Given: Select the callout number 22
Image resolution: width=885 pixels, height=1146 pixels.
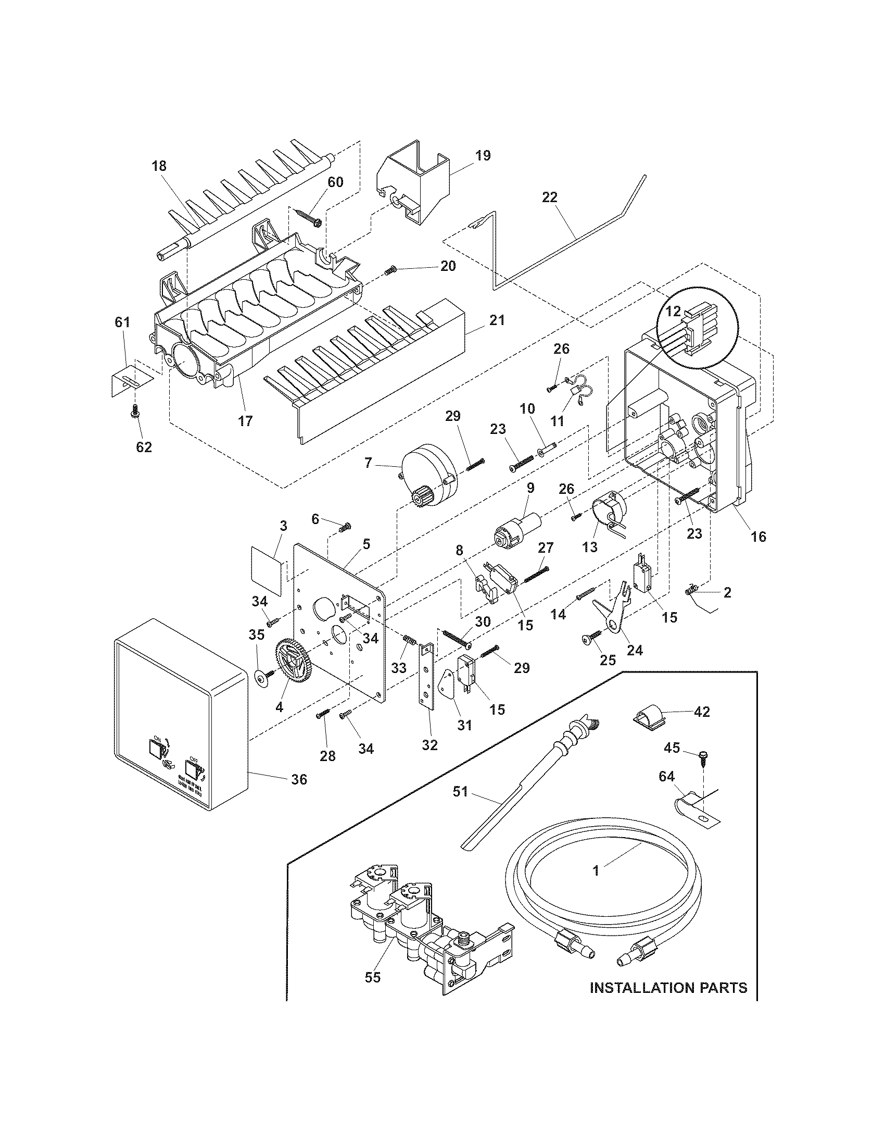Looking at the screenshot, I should tap(550, 198).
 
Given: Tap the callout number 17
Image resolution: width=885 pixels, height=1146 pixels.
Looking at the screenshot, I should tap(245, 420).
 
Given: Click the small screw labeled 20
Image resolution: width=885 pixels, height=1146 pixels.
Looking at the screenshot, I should tap(390, 271).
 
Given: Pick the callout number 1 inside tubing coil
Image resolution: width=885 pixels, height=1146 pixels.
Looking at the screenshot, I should tap(596, 870).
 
